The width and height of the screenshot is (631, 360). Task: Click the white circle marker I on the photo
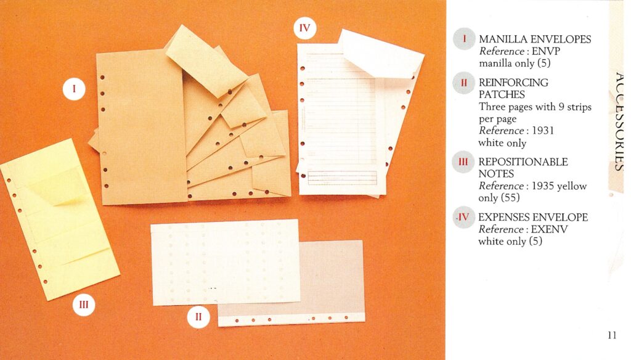[x=74, y=89]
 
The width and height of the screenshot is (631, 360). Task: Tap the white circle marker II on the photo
[x=198, y=316]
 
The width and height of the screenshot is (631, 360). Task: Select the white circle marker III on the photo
[x=84, y=305]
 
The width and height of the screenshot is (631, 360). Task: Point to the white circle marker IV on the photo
[x=304, y=28]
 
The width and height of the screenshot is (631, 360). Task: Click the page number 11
[x=612, y=335]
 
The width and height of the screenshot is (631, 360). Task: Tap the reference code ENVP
[x=546, y=51]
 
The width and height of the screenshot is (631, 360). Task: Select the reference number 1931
[x=543, y=131]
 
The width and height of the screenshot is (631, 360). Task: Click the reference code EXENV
[x=549, y=229]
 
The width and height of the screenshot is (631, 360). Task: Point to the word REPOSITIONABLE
[x=523, y=162]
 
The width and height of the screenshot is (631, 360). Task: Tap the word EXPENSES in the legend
[x=503, y=218]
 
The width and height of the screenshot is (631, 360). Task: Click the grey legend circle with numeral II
[x=463, y=83]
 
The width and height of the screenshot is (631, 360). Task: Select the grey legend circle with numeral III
[x=463, y=162]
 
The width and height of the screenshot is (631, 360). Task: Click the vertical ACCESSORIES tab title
[x=619, y=121]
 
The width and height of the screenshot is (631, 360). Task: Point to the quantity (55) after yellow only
[x=510, y=198]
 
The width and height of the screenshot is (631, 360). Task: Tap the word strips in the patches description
[x=579, y=107]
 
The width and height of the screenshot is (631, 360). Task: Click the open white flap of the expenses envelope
[x=380, y=53]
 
